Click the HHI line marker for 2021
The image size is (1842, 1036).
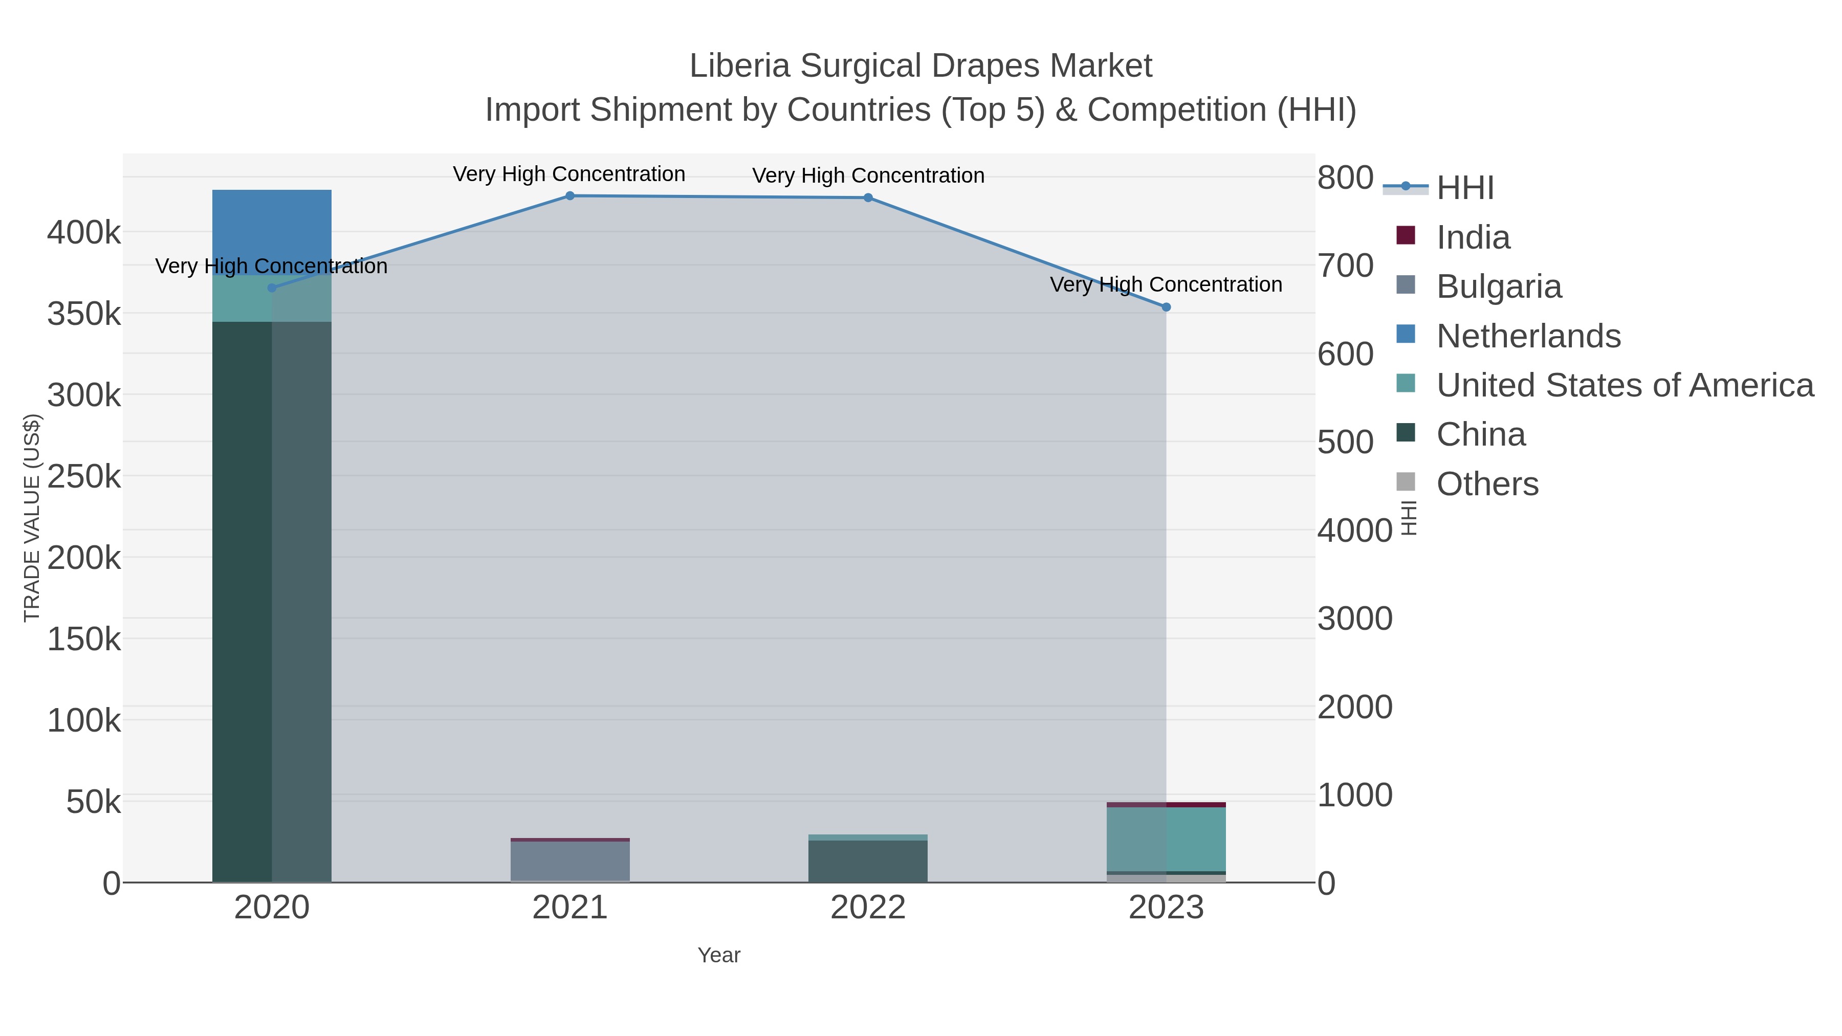click(570, 196)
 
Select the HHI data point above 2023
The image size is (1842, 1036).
click(1166, 307)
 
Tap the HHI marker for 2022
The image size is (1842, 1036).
click(868, 198)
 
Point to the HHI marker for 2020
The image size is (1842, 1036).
click(272, 288)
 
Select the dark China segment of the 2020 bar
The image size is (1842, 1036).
click(243, 601)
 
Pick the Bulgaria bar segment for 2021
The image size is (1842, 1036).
click(570, 861)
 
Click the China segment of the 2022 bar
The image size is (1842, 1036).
click(868, 862)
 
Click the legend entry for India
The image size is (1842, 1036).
click(1473, 237)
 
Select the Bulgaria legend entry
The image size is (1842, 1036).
click(1498, 286)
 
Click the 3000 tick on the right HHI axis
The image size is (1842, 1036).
click(1355, 619)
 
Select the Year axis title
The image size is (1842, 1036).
click(719, 955)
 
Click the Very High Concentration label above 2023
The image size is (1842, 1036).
click(1166, 284)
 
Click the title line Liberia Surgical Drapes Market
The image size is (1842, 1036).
click(920, 66)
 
